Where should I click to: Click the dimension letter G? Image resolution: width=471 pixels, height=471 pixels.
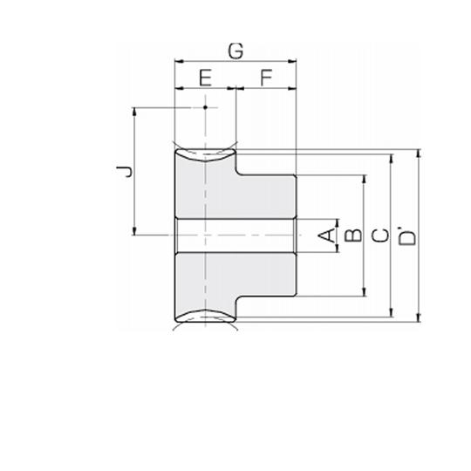click(x=235, y=51)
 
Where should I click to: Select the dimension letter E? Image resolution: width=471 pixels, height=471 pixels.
click(x=206, y=78)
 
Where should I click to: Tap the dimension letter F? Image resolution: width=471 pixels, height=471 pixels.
click(x=266, y=78)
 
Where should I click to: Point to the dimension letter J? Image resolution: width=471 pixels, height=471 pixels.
click(x=125, y=172)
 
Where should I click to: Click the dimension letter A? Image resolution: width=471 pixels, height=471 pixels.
click(x=326, y=235)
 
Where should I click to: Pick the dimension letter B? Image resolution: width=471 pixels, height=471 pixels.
click(x=353, y=235)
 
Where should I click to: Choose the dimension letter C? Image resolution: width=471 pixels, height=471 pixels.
click(x=380, y=235)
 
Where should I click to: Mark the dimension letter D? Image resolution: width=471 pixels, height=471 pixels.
click(x=407, y=237)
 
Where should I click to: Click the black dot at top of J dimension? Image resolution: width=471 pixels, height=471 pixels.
click(x=206, y=107)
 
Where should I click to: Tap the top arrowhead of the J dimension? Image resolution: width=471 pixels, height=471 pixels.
click(x=134, y=112)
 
